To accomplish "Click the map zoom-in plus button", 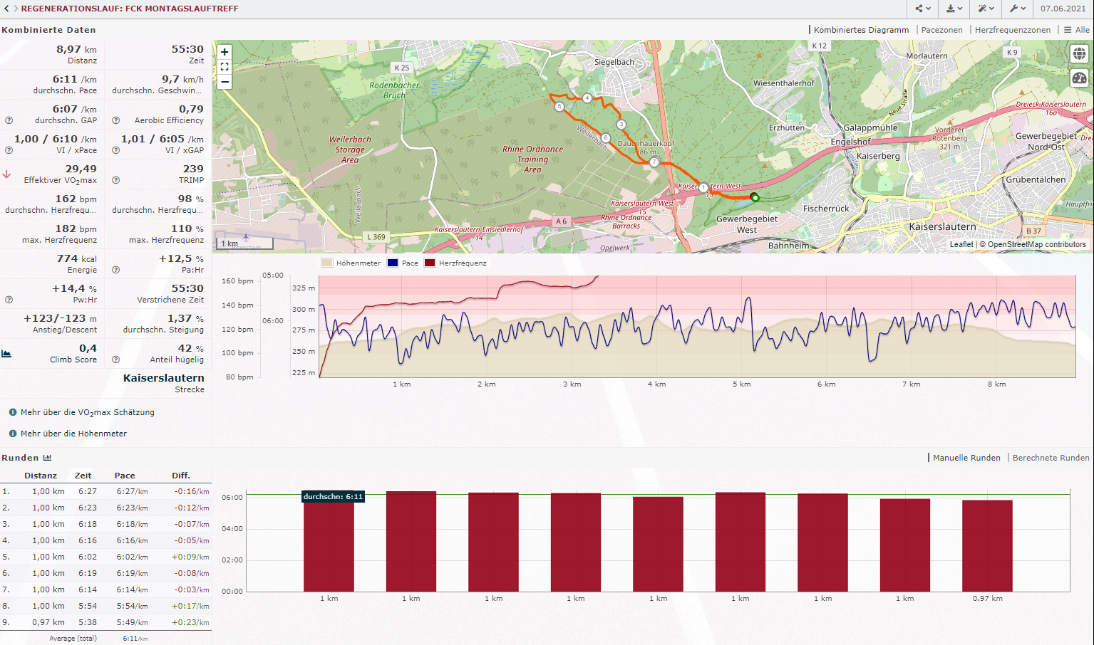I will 225,52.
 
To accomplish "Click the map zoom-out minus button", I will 225,81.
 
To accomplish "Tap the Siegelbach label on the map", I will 614,62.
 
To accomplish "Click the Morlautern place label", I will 927,56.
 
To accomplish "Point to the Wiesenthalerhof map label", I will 783,83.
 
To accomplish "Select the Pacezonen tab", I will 941,30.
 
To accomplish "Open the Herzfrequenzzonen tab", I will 1012,30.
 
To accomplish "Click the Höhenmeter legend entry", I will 358,263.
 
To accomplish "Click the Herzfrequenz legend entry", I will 463,263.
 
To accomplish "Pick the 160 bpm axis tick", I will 237,281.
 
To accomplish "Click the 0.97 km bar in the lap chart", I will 987,546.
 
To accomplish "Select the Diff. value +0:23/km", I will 190,622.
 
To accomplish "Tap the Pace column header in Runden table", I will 125,476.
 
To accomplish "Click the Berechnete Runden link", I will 1051,458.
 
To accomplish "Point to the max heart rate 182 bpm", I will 76,229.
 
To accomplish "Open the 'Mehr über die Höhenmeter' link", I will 73,434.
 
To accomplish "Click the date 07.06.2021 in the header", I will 1063,9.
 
